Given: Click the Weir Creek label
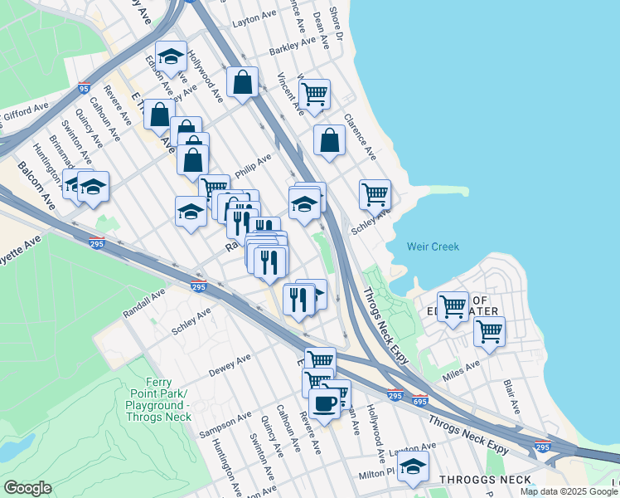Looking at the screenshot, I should coord(433,247).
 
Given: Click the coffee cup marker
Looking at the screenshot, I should coord(323,403).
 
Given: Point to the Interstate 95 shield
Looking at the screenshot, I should coord(83,87).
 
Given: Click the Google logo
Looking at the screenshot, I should coord(27,488).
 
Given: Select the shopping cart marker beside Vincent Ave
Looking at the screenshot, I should coord(315,95).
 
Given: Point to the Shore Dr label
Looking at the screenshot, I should coord(335,26).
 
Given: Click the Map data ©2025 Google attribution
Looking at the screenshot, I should coord(569,491).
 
